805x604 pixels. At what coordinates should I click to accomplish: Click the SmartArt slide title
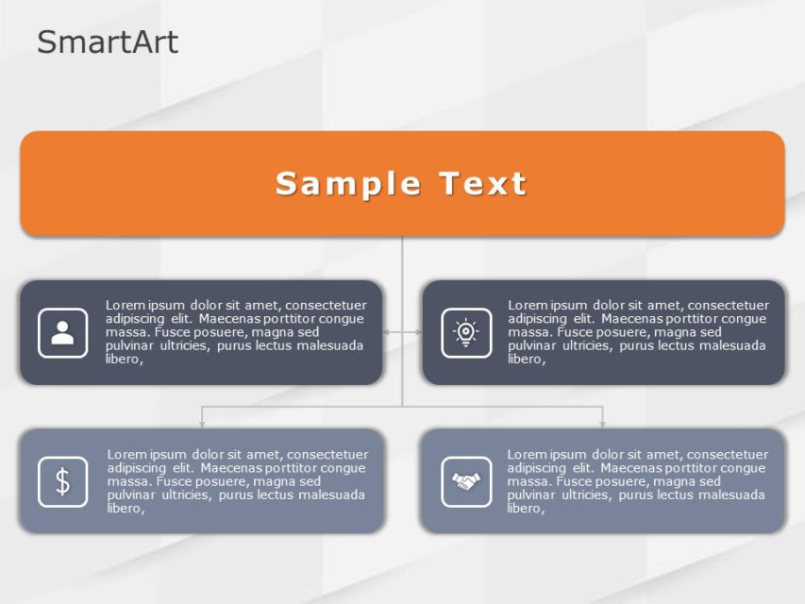[x=108, y=42]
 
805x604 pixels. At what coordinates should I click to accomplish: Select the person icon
[x=63, y=332]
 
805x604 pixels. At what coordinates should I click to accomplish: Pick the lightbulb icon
[x=466, y=332]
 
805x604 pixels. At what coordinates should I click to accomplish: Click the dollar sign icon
[x=63, y=481]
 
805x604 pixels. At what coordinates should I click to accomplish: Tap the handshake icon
[x=466, y=481]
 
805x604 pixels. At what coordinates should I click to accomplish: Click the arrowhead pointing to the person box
[x=387, y=332]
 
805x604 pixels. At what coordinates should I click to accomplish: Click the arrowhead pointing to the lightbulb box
[x=418, y=332]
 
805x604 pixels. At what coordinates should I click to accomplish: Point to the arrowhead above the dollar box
[x=201, y=424]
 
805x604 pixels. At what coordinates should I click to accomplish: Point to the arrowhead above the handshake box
[x=602, y=424]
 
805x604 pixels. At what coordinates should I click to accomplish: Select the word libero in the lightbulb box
[x=526, y=359]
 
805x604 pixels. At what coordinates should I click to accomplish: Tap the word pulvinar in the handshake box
[x=531, y=495]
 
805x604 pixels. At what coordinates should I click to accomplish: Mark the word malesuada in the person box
[x=331, y=345]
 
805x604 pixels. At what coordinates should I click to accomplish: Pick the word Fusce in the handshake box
[x=577, y=481]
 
